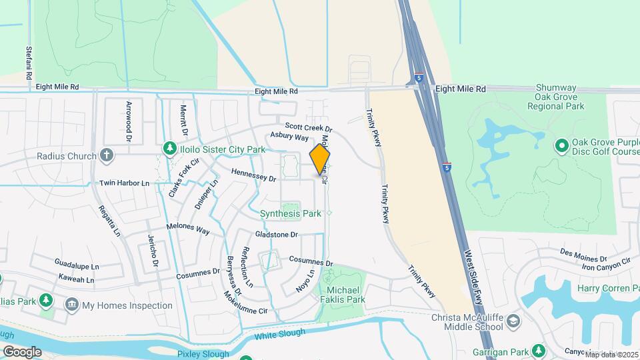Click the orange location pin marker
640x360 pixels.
pyautogui.click(x=320, y=158)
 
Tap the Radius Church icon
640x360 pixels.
pyautogui.click(x=106, y=155)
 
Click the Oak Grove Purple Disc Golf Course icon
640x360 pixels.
pyautogui.click(x=561, y=145)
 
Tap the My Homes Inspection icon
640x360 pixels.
pyautogui.click(x=71, y=305)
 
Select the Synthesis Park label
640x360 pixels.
pyautogui.click(x=290, y=213)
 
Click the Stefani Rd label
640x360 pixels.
pyautogui.click(x=29, y=63)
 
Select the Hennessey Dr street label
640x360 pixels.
pyautogui.click(x=253, y=175)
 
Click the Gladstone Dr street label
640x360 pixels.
pyautogui.click(x=276, y=235)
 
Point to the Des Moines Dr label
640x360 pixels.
pyautogui.click(x=583, y=255)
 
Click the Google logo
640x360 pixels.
pyautogui.click(x=22, y=351)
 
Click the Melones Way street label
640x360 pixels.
pyautogui.click(x=189, y=230)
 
